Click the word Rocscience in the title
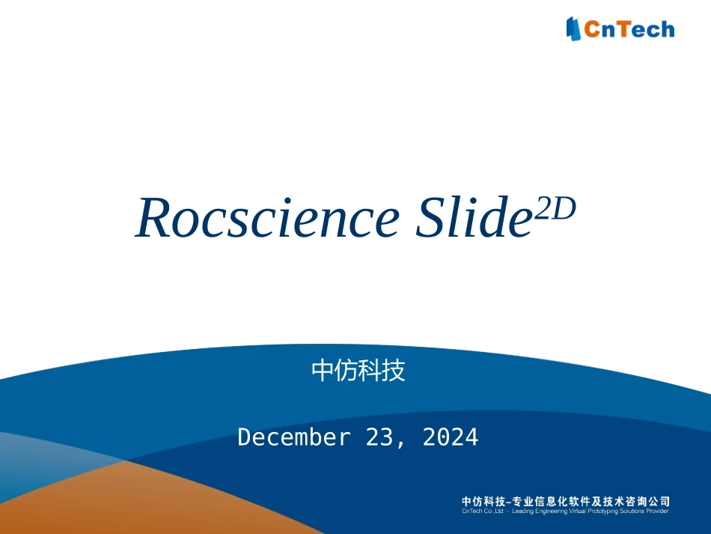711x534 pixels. click(x=266, y=219)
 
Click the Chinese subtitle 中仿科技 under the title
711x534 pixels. click(x=358, y=370)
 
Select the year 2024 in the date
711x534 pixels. click(x=451, y=437)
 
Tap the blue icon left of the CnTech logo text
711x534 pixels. click(x=574, y=28)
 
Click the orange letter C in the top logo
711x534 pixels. click(x=591, y=29)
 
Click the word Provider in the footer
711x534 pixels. click(x=656, y=512)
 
